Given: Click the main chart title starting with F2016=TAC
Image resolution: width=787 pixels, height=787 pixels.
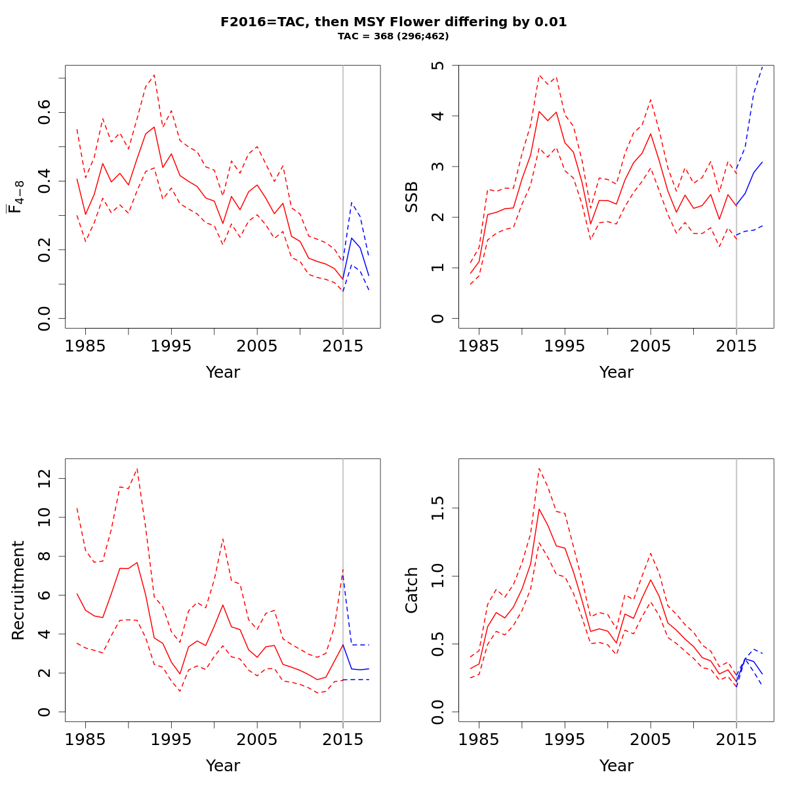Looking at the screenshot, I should pyautogui.click(x=393, y=22).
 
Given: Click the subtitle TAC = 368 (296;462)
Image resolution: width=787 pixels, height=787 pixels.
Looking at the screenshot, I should pyautogui.click(x=393, y=36).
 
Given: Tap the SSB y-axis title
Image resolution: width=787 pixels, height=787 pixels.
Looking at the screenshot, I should pyautogui.click(x=411, y=197).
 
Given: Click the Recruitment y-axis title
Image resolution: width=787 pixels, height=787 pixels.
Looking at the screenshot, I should pyautogui.click(x=18, y=590).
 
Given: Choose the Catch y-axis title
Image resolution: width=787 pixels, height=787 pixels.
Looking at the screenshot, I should pyautogui.click(x=411, y=590).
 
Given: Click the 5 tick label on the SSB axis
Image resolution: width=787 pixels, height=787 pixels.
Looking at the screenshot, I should pyautogui.click(x=439, y=66).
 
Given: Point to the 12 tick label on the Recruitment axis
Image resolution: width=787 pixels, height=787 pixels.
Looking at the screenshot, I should pyautogui.click(x=45, y=479).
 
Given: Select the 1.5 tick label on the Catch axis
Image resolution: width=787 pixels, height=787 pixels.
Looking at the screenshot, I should pyautogui.click(x=439, y=508).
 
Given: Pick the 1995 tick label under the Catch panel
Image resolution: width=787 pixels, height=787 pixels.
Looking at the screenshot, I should pyautogui.click(x=565, y=740).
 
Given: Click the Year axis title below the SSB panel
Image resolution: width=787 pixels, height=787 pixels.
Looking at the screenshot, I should pyautogui.click(x=616, y=373).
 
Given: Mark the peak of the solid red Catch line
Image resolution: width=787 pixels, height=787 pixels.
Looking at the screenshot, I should pyautogui.click(x=539, y=508).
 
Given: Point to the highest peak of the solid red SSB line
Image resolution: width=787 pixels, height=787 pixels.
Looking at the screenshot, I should pyautogui.click(x=539, y=111).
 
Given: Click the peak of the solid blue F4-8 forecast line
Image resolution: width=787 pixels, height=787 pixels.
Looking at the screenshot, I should pyautogui.click(x=352, y=237).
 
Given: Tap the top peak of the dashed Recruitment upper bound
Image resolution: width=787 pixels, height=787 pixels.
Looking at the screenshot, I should pyautogui.click(x=137, y=468).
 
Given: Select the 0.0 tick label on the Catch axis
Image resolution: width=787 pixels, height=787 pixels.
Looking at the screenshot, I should pyautogui.click(x=439, y=712).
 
